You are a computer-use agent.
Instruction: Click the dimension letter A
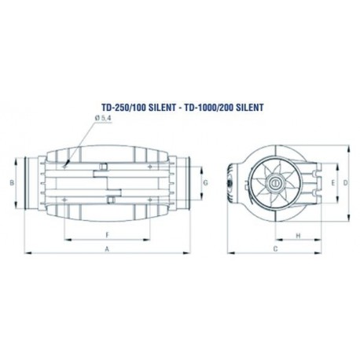[x=107, y=249]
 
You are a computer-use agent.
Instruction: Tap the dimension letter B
[x=12, y=183]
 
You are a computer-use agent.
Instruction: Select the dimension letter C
[x=275, y=249]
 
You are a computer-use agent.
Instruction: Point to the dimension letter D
[x=345, y=183]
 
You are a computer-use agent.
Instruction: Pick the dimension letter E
[x=333, y=183]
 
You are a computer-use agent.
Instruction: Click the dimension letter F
[x=107, y=235]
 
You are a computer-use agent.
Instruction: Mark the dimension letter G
[x=206, y=183]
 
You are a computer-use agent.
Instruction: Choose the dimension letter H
[x=298, y=236]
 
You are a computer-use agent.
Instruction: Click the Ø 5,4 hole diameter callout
[x=103, y=118]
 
